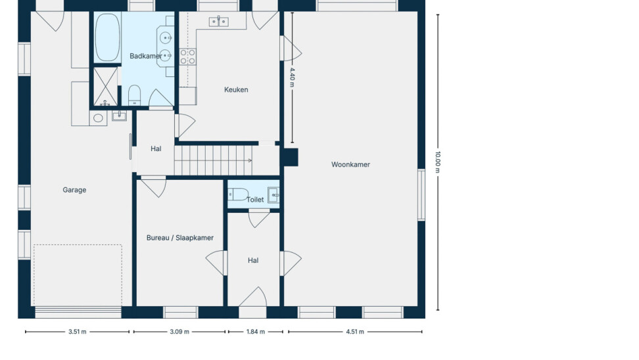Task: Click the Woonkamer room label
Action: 350,164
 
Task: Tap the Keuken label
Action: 236,89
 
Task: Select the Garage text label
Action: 74,190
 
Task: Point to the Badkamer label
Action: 145,56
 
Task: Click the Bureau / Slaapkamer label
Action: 179,238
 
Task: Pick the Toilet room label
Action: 255,200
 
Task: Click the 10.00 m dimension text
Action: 438,162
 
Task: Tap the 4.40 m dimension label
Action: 292,78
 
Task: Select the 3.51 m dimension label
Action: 77,332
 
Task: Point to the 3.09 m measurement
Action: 179,332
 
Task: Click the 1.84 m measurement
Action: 256,332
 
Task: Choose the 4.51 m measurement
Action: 355,332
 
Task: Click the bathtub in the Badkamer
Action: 107,37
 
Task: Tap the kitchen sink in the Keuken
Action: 219,22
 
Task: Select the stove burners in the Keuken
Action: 187,56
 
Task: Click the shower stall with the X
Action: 106,87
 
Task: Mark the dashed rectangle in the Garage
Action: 78,275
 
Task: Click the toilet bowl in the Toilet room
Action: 239,194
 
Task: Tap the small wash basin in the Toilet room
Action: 273,195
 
